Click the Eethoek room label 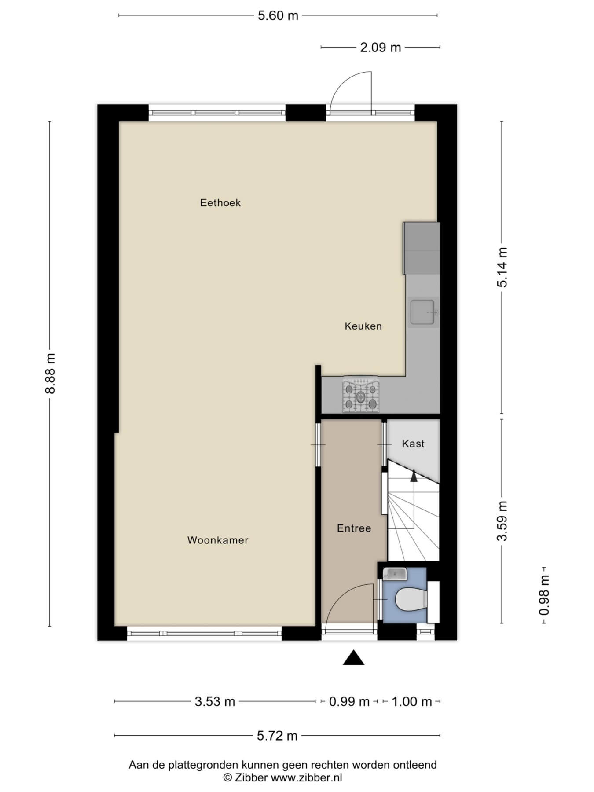[x=220, y=203]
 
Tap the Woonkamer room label [x=218, y=540]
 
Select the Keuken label [x=363, y=326]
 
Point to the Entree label [x=354, y=528]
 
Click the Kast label [x=413, y=444]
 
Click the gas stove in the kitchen [x=361, y=395]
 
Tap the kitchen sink [x=423, y=312]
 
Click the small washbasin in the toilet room [x=395, y=574]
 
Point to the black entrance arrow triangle [x=354, y=657]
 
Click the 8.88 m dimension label [x=51, y=374]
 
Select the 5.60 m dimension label [x=278, y=16]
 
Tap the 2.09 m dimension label [x=381, y=48]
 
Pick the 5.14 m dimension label [x=502, y=267]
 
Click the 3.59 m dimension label [x=502, y=521]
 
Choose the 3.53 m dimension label [x=215, y=701]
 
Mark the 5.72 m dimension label [x=277, y=736]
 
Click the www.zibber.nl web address [x=306, y=777]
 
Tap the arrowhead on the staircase [x=414, y=476]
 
